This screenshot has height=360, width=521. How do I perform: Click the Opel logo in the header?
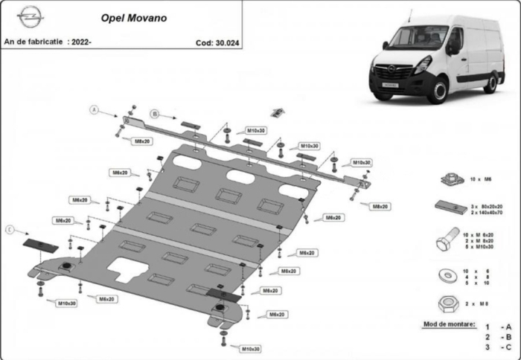(30, 16)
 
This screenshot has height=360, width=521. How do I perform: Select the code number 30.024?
(219, 42)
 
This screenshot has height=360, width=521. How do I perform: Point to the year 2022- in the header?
(80, 42)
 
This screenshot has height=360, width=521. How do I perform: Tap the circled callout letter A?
(95, 110)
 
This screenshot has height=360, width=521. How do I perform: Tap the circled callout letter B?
(154, 114)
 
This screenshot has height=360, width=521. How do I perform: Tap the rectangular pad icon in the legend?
(447, 208)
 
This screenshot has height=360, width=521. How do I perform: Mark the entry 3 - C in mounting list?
(497, 347)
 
